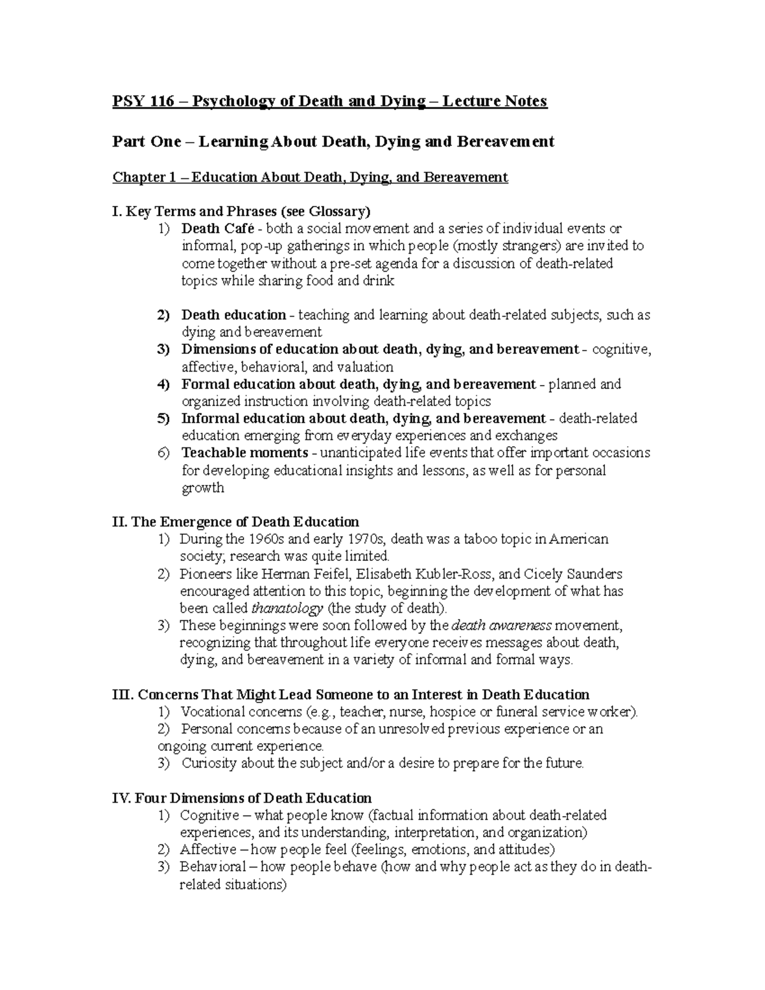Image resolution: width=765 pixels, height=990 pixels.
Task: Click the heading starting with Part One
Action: [333, 142]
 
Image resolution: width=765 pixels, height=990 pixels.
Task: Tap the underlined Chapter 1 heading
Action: [310, 177]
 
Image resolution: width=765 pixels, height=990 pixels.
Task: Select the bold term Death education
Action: [233, 315]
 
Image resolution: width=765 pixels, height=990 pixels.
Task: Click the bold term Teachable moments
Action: [245, 453]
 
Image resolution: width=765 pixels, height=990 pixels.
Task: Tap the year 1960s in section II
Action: [266, 539]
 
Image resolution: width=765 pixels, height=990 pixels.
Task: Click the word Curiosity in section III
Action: [209, 763]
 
